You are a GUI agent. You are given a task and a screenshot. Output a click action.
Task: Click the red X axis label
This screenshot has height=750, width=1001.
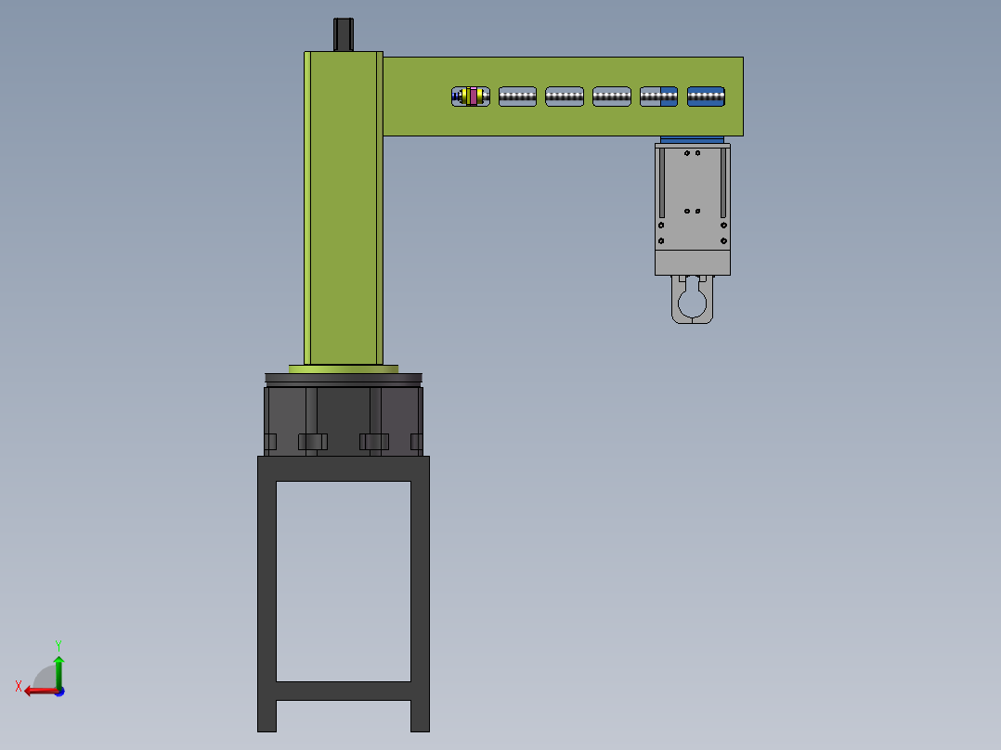(x=19, y=686)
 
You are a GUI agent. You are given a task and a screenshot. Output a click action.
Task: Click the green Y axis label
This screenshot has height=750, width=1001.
(x=58, y=643)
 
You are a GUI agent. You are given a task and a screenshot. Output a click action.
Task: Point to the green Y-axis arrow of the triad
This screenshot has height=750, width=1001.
(x=58, y=668)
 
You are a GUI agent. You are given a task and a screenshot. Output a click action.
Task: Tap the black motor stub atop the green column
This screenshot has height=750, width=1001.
(x=344, y=34)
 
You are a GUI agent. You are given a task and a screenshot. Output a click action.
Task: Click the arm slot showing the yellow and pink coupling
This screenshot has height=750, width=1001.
(x=470, y=97)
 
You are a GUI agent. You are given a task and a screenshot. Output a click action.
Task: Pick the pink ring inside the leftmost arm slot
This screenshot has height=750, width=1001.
(x=474, y=97)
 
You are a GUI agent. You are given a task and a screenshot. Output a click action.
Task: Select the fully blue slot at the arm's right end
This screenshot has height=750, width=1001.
(x=706, y=97)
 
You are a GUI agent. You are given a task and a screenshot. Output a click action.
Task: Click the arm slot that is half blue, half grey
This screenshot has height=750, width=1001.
(x=658, y=97)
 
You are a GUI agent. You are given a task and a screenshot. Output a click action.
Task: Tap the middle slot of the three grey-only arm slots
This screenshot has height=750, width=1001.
(x=565, y=97)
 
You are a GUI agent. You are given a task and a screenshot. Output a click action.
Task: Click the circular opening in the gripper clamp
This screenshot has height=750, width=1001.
(x=692, y=304)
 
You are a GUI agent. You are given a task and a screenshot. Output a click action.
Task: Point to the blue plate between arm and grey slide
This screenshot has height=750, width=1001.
(x=692, y=141)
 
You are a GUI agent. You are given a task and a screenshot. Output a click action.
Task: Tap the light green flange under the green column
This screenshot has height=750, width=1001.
(x=344, y=369)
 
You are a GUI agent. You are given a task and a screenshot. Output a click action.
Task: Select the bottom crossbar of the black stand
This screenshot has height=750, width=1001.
(x=344, y=691)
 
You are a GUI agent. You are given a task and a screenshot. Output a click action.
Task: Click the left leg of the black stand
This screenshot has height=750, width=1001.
(x=266, y=594)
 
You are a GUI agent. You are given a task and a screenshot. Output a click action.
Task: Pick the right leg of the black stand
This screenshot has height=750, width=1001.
(x=420, y=594)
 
